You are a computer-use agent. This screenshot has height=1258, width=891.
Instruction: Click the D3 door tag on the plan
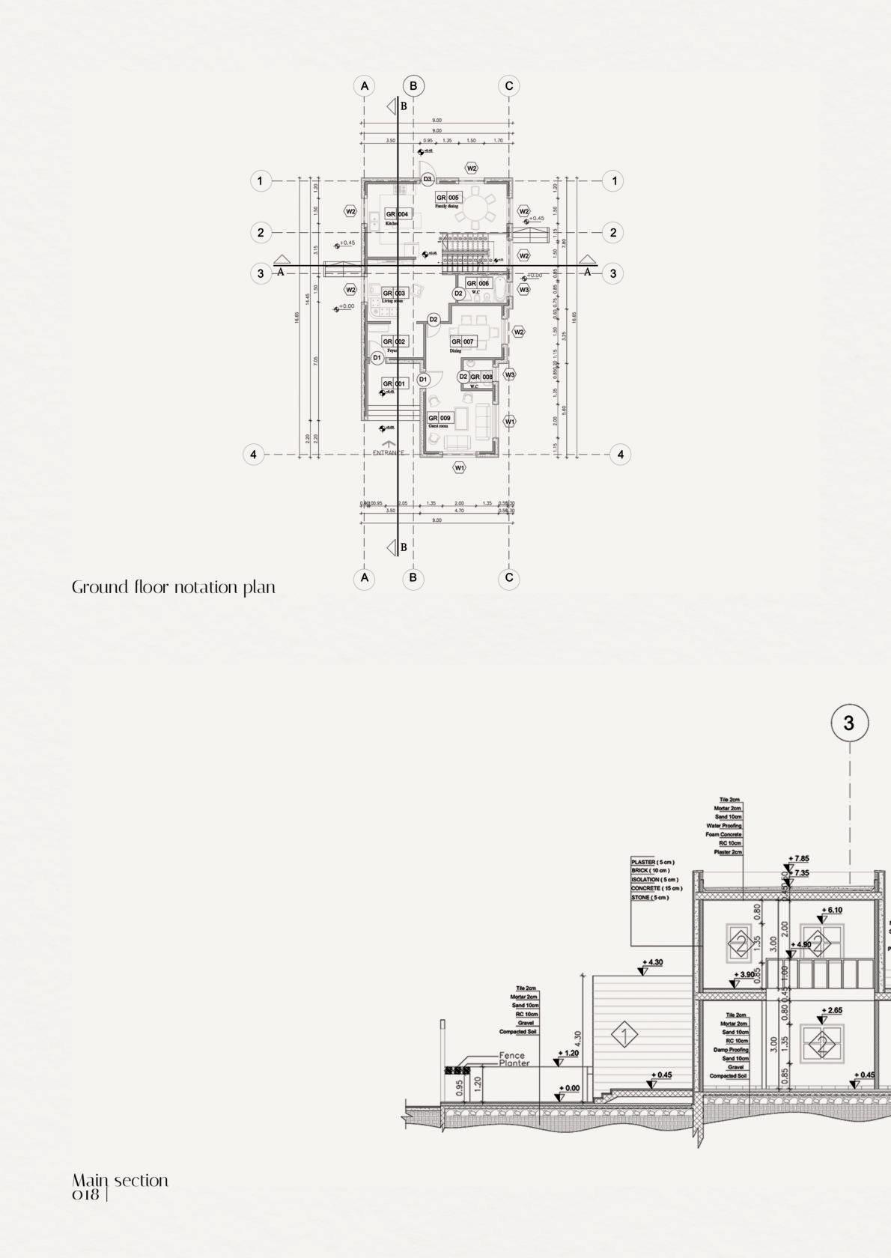point(427,179)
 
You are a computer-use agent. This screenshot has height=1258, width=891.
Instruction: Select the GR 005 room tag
point(448,198)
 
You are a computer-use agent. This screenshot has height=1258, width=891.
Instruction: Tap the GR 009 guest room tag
point(440,418)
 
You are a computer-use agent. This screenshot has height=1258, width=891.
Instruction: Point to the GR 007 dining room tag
point(463,341)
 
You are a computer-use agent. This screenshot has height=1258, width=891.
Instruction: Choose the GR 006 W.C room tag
point(478,284)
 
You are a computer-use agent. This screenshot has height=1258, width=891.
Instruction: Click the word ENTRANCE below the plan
point(389,453)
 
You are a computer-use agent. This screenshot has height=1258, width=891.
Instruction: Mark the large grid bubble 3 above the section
point(849,723)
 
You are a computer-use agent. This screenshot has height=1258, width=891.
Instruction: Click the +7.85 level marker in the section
point(798,860)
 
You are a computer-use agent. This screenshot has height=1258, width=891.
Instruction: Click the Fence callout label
point(513,1056)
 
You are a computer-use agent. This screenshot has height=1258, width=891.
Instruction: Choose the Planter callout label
point(514,1063)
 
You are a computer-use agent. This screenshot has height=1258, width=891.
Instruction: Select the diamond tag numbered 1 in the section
point(624,1036)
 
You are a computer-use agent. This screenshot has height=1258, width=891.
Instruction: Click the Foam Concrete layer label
point(723,834)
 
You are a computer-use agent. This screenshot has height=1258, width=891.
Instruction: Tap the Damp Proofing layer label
point(731,1050)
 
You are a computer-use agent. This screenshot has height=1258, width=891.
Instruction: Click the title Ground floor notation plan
point(174,587)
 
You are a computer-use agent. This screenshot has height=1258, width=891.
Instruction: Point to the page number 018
point(86,1195)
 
